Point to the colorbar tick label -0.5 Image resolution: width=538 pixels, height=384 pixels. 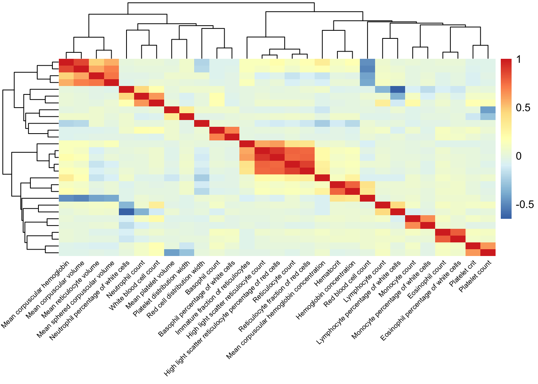524,204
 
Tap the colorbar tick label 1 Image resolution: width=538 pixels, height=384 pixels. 519,60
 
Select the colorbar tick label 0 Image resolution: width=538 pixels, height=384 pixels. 519,156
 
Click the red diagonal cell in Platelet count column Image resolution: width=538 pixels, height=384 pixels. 488,252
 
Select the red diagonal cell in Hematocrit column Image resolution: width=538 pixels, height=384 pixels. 337,184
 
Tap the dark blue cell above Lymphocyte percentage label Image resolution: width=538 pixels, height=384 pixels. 397,90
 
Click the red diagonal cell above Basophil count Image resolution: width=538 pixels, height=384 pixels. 217,130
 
